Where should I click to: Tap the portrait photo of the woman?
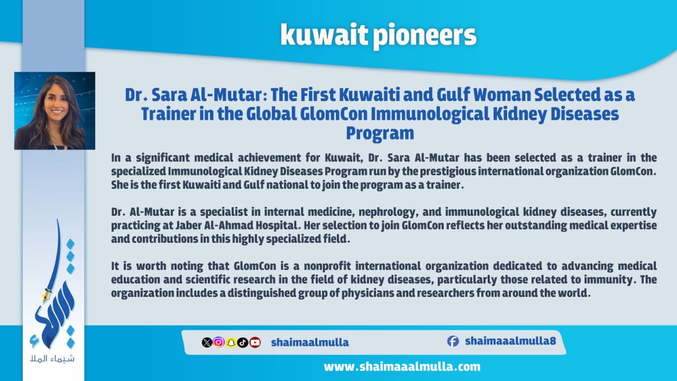click(x=54, y=111)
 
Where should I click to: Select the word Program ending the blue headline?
click(x=380, y=133)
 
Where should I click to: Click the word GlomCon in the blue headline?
click(x=334, y=114)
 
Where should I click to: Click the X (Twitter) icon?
click(x=207, y=342)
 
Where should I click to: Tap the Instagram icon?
click(x=219, y=342)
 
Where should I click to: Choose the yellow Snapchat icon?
click(x=231, y=342)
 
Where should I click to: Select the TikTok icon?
click(x=243, y=342)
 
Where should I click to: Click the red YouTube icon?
click(x=255, y=342)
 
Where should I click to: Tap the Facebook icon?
click(x=453, y=341)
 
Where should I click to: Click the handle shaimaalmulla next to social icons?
click(x=310, y=342)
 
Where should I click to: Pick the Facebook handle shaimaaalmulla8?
click(x=510, y=341)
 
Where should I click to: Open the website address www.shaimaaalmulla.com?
click(x=402, y=367)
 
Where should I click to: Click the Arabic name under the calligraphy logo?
click(x=52, y=359)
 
